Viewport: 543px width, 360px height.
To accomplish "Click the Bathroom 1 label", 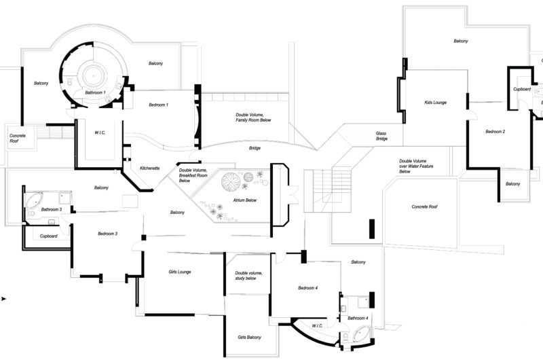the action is (95, 93).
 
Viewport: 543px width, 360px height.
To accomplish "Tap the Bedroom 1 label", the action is (159, 105).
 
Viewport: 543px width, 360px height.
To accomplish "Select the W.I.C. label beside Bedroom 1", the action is (100, 132).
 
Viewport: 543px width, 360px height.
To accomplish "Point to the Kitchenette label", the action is (149, 168).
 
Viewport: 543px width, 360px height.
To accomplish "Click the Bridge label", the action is (255, 148).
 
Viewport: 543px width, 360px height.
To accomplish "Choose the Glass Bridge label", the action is (381, 136).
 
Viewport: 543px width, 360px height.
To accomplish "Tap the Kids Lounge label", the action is (435, 103).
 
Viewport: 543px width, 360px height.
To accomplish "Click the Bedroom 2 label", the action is (495, 132).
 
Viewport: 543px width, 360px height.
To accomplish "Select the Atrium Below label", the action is (245, 200).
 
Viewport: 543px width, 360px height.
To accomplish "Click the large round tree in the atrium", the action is (231, 181).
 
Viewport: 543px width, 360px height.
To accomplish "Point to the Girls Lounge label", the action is (180, 272).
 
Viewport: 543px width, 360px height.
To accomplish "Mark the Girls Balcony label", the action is (249, 337).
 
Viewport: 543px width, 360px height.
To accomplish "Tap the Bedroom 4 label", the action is (308, 288).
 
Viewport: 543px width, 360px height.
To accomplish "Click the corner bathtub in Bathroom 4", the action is (360, 334).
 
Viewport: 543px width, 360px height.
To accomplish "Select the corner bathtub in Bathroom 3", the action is (34, 200).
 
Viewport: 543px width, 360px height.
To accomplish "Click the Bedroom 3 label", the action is (107, 234).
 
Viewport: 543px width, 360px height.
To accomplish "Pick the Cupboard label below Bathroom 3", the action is (48, 236).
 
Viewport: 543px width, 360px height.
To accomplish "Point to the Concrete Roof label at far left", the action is (18, 139).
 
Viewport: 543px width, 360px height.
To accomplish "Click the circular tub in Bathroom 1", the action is (93, 75).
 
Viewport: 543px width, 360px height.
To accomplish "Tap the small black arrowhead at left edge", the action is (3, 299).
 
